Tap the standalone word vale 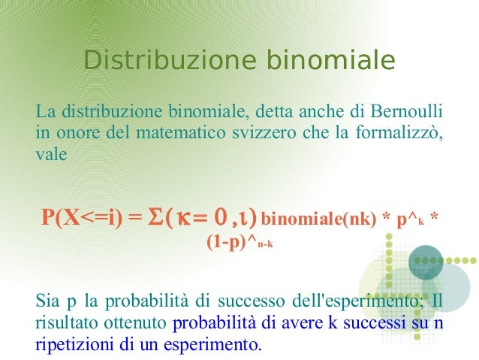click(51, 156)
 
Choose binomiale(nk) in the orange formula click(319, 219)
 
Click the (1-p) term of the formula click(224, 242)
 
